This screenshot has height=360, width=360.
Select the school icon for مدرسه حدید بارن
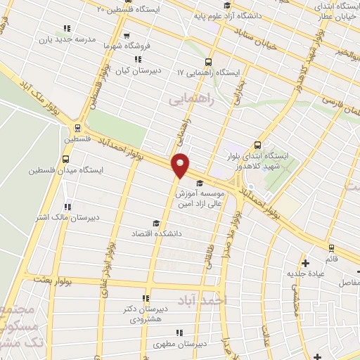point(67,29)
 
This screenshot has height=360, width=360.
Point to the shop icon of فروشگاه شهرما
point(127,37)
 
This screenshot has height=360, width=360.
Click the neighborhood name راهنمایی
point(190,100)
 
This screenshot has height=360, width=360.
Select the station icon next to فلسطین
point(76,128)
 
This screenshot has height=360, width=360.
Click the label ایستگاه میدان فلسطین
point(62,169)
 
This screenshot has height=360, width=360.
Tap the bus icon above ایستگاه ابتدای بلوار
point(258,143)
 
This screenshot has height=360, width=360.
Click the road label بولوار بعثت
point(46,280)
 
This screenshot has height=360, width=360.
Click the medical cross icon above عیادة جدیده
point(305,263)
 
